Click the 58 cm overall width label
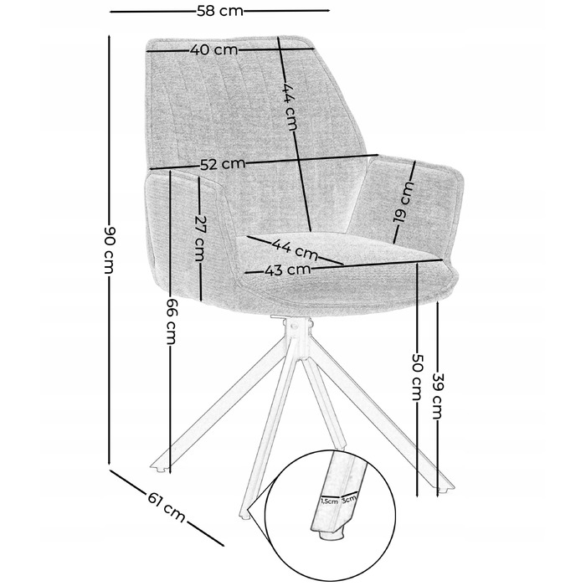coord(220,11)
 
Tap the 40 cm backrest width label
coord(213,49)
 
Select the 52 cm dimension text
coord(223,164)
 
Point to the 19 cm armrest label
coord(404,202)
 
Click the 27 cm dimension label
coord(200,239)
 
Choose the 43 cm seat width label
coord(287,270)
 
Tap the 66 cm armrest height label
coord(170,321)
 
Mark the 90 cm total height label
coord(109,249)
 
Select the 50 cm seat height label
coord(417,377)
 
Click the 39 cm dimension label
coord(437,396)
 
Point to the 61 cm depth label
coord(167,507)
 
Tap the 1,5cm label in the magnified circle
coord(329,501)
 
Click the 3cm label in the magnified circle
coord(348,498)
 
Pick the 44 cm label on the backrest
coord(289,106)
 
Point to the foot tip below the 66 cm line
coord(161,468)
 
